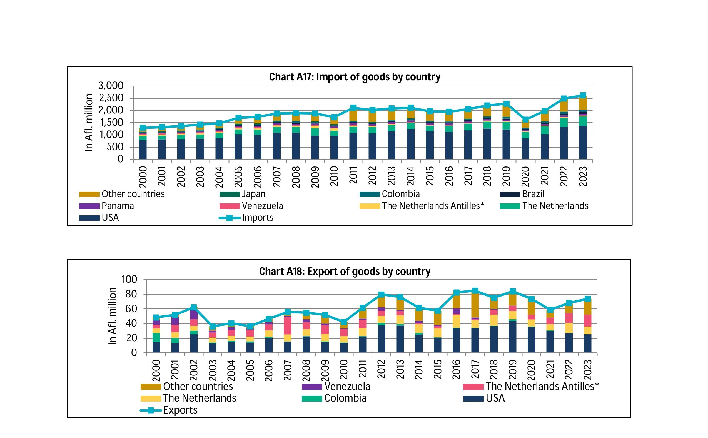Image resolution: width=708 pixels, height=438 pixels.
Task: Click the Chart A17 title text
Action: coord(355,77)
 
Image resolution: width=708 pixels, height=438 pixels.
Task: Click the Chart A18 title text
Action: coord(345,272)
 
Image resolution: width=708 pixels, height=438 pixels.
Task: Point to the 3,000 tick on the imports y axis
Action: coord(111,86)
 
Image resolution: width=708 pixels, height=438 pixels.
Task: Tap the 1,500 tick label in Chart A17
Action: coord(111,123)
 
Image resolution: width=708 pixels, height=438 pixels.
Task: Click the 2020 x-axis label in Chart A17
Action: coord(525,176)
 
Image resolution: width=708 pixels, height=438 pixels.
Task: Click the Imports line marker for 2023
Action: coord(583,95)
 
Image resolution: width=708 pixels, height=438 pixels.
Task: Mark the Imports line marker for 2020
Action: coord(525,120)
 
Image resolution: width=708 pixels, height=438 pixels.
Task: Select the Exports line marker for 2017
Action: coord(475,290)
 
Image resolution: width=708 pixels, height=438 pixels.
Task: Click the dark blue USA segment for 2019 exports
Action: coord(513,337)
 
